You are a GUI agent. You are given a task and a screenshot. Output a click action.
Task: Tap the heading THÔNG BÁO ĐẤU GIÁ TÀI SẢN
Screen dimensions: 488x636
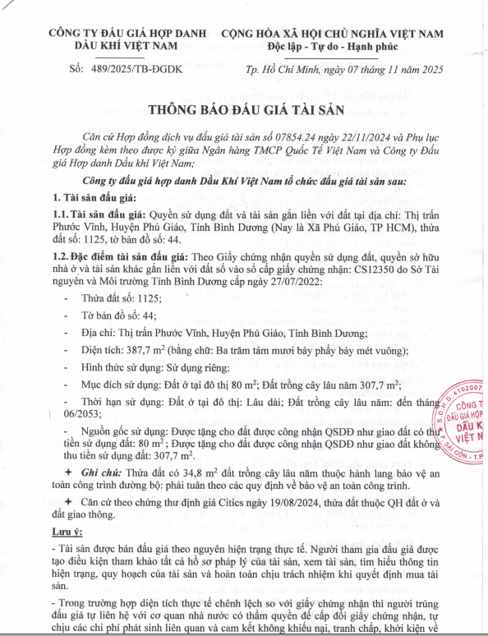244,112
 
